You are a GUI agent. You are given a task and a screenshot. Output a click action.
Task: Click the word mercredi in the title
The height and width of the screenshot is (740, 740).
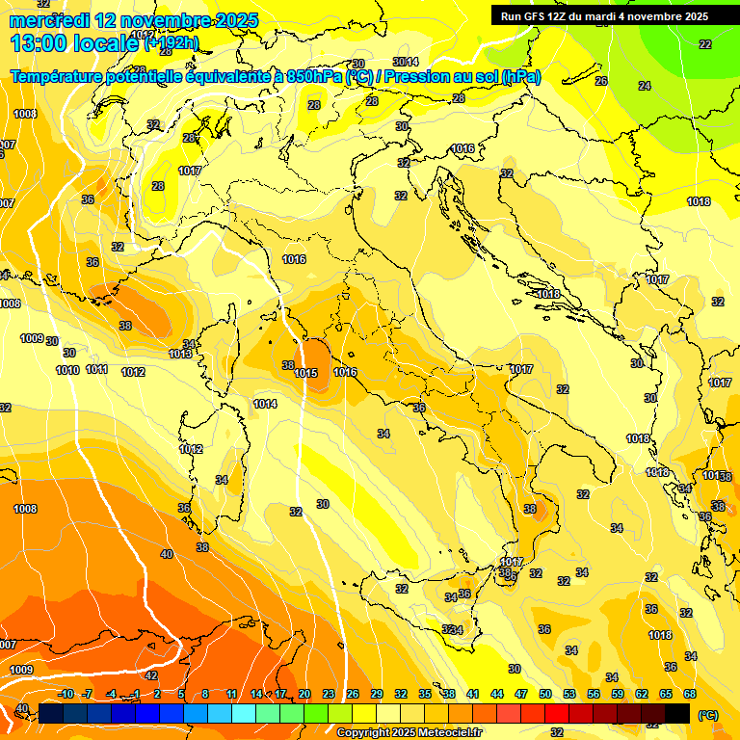47,20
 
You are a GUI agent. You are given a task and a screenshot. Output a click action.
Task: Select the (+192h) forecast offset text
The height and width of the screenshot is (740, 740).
172,43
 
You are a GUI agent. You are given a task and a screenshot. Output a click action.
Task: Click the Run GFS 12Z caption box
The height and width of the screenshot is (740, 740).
604,16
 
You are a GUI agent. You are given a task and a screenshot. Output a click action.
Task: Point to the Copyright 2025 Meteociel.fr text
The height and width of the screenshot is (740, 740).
409,732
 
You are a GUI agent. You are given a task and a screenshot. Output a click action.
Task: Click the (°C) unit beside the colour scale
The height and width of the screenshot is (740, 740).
707,715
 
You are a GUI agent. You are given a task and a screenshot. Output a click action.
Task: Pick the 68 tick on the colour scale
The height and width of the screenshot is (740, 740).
689,694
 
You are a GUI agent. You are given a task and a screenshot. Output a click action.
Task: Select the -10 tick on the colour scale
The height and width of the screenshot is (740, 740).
66,694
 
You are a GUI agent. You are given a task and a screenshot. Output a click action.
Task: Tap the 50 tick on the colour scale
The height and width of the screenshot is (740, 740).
545,694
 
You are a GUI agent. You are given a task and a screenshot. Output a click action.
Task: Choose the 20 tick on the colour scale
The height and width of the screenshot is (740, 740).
304,694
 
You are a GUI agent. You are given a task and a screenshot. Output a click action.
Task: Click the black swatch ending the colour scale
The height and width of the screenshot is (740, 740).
677,713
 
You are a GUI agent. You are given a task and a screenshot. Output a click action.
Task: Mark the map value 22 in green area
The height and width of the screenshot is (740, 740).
705,44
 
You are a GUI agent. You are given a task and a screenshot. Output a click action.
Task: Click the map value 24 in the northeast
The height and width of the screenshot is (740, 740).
645,86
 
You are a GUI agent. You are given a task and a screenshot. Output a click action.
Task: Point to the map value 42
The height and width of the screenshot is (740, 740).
150,675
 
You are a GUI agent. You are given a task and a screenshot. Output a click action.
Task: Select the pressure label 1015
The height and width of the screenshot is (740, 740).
306,373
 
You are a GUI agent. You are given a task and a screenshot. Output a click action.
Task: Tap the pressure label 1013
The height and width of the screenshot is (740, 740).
180,354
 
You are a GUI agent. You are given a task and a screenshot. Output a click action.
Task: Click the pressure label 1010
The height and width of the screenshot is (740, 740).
67,370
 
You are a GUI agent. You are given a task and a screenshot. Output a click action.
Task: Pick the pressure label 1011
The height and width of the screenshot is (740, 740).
96,369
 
